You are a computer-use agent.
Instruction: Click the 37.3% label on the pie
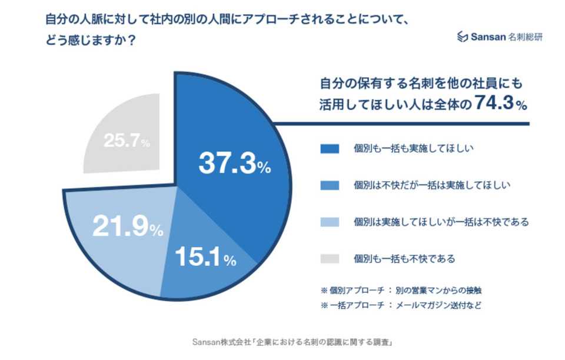tap(234, 164)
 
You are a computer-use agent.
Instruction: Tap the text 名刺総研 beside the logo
tap(526, 36)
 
